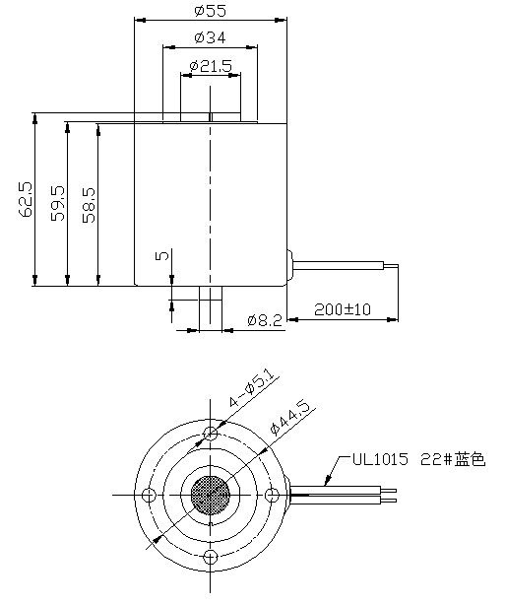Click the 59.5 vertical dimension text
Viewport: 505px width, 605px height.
point(58,203)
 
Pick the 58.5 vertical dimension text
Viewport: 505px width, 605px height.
point(90,203)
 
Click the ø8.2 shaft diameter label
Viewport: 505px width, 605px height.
point(265,320)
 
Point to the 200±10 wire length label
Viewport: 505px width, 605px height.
point(343,308)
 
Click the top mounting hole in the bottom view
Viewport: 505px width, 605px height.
point(210,434)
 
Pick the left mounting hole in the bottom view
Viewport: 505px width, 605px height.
point(149,495)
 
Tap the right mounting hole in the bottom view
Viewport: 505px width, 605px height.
point(272,495)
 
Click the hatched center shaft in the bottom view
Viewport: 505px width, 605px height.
point(210,495)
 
